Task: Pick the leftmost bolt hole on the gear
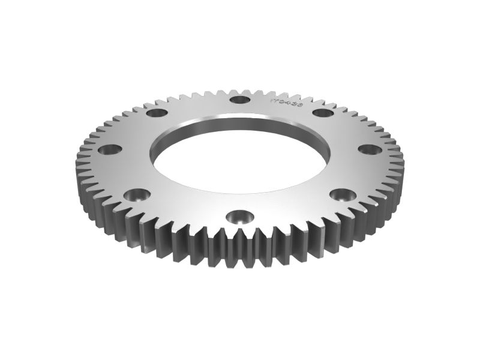tap(110, 150)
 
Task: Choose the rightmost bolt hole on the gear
tap(370, 149)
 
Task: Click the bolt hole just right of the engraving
tap(323, 112)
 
